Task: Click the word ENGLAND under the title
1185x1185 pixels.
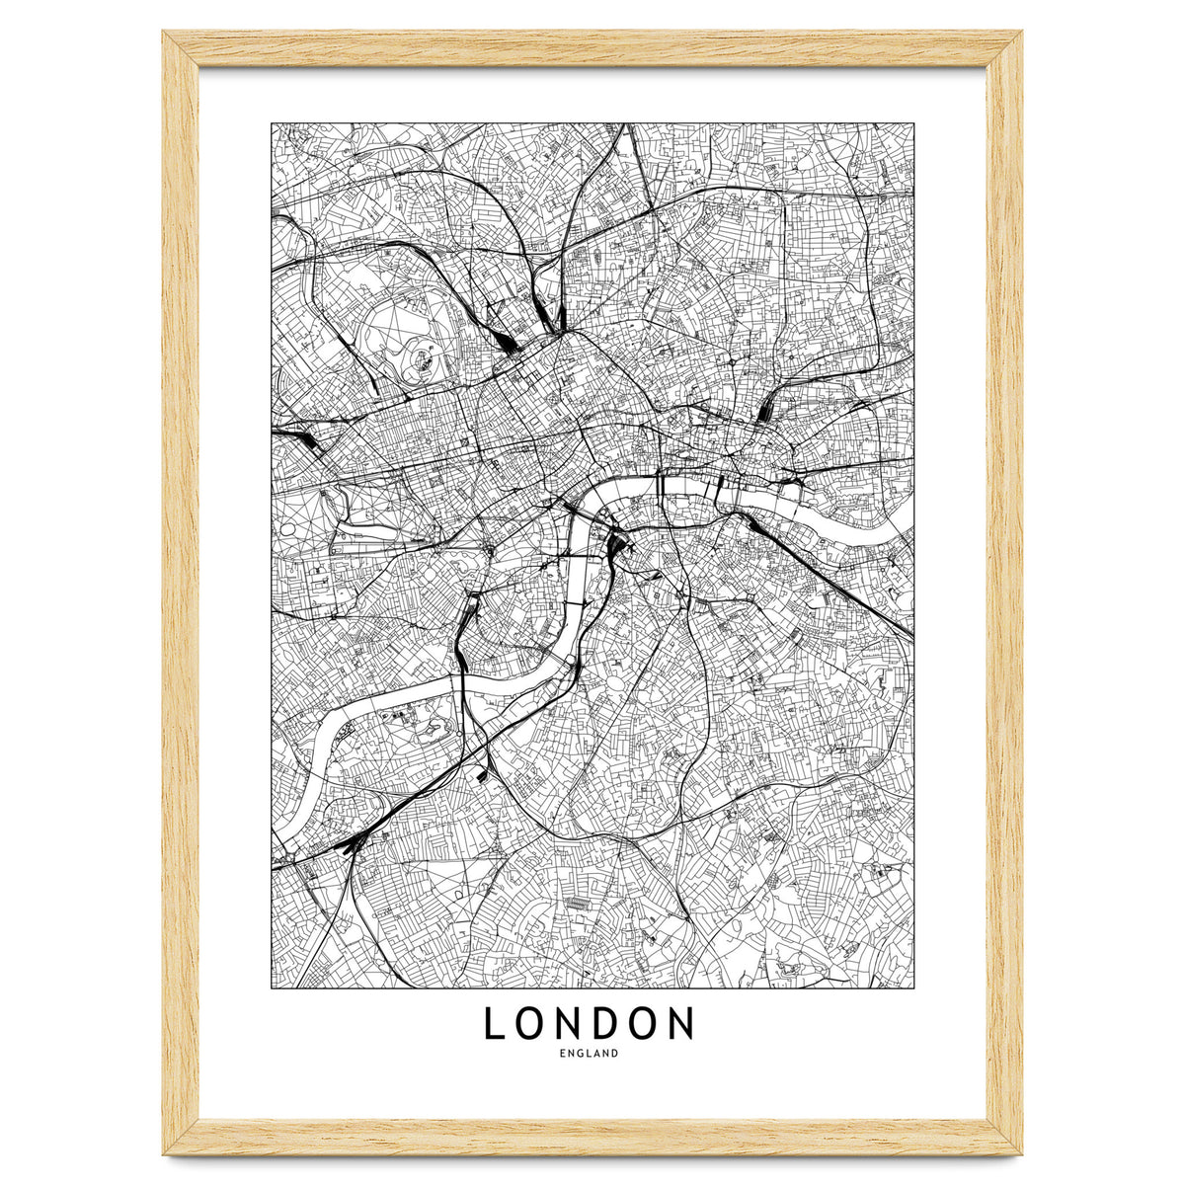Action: point(589,1053)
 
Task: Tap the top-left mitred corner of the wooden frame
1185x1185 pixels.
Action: point(180,49)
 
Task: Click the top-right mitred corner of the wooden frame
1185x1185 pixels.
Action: point(1004,49)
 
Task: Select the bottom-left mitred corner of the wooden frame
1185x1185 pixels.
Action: point(180,1138)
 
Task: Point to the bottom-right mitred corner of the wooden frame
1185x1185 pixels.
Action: point(1004,1138)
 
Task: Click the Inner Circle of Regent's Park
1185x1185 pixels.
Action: point(419,357)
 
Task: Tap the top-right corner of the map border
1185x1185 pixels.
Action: point(913,123)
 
